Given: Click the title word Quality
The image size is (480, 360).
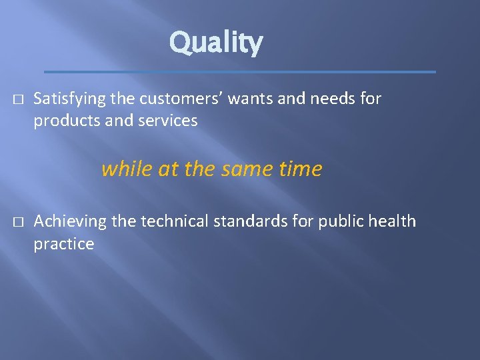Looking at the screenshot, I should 216,43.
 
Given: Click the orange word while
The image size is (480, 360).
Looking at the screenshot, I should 127,169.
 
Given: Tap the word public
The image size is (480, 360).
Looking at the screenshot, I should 338,221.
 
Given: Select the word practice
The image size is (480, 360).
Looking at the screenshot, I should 64,243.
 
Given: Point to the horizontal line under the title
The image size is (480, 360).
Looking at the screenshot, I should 240,71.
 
